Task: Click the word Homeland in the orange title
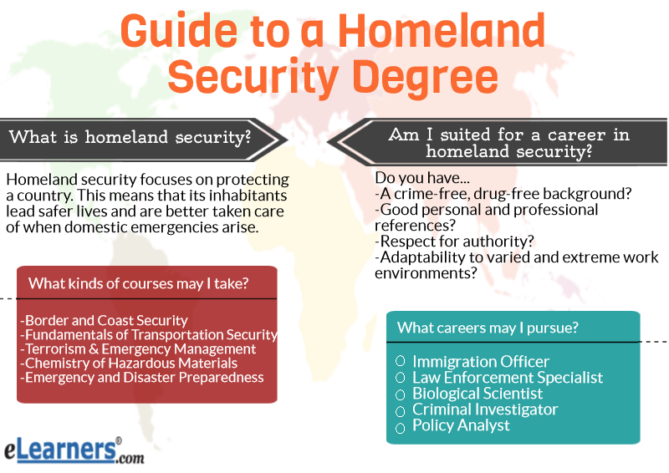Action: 442,31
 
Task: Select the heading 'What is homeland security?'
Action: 130,137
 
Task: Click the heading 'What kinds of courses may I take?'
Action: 138,283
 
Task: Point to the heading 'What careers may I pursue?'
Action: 488,328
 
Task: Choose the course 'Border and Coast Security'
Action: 104,320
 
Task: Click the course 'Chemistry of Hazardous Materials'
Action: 129,363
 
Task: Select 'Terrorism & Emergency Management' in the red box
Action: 138,348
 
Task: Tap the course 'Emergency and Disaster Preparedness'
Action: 142,378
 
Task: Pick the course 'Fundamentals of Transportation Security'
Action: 149,335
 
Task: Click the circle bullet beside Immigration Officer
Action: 401,361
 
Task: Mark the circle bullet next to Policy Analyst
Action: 401,428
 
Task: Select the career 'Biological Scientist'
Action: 477,394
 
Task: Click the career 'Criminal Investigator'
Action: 485,409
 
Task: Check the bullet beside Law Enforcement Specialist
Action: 401,378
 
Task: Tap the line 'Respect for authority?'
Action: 454,242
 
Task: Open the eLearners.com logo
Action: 74,450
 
